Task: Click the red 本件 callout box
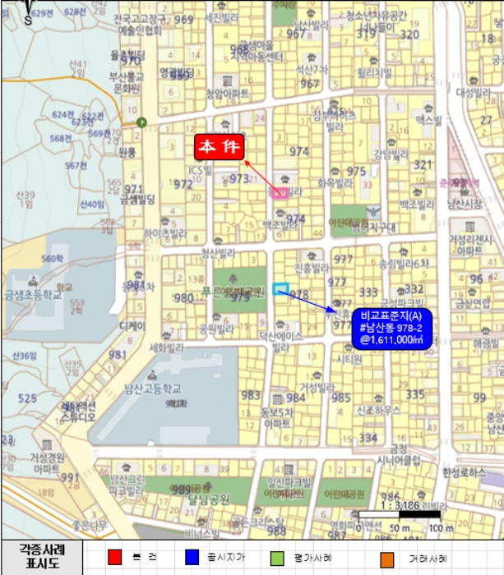(220, 147)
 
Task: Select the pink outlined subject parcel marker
(280, 192)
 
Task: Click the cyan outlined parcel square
(280, 288)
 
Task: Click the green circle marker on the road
(142, 122)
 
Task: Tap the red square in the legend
(115, 558)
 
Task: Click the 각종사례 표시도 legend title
(41, 556)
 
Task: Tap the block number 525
(27, 398)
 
